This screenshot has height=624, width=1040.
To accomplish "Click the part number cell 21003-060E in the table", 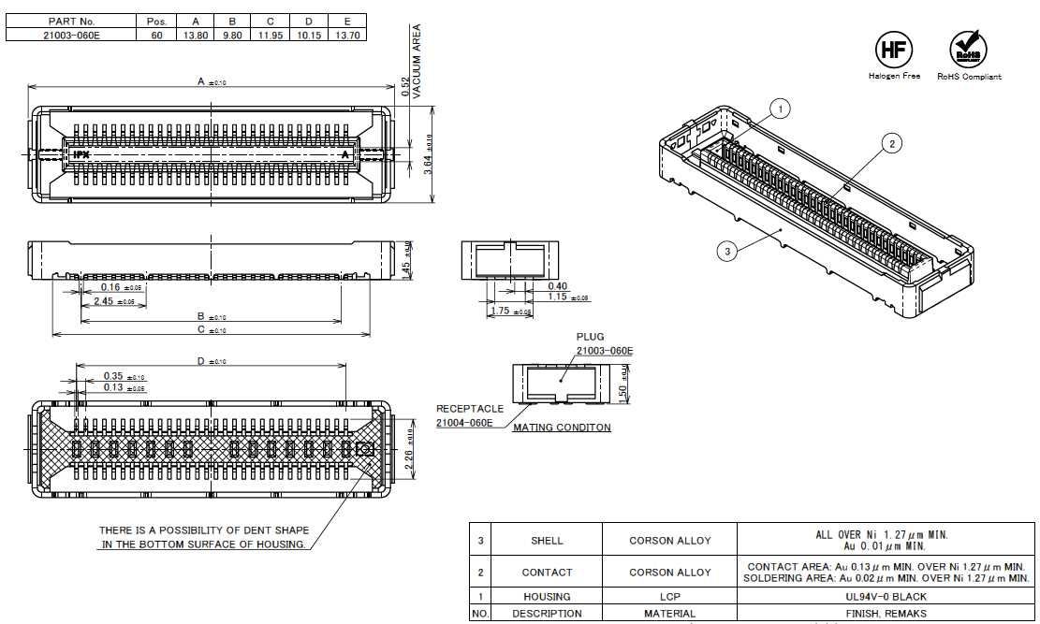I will [71, 35].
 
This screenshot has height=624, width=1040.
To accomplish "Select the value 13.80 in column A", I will [195, 35].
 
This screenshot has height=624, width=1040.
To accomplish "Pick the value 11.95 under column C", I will [271, 35].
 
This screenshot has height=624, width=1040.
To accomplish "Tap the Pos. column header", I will [155, 21].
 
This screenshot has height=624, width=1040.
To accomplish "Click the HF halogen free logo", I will [893, 51].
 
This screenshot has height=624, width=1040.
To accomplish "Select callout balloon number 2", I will [892, 143].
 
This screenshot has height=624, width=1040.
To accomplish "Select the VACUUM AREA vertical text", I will [417, 62].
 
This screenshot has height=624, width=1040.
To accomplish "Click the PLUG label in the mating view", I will [590, 337].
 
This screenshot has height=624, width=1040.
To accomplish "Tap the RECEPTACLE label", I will [470, 409].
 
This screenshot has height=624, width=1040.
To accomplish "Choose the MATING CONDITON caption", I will [562, 428].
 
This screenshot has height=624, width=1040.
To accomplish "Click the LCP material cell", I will [669, 596].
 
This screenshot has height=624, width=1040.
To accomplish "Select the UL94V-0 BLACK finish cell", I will [884, 596].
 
